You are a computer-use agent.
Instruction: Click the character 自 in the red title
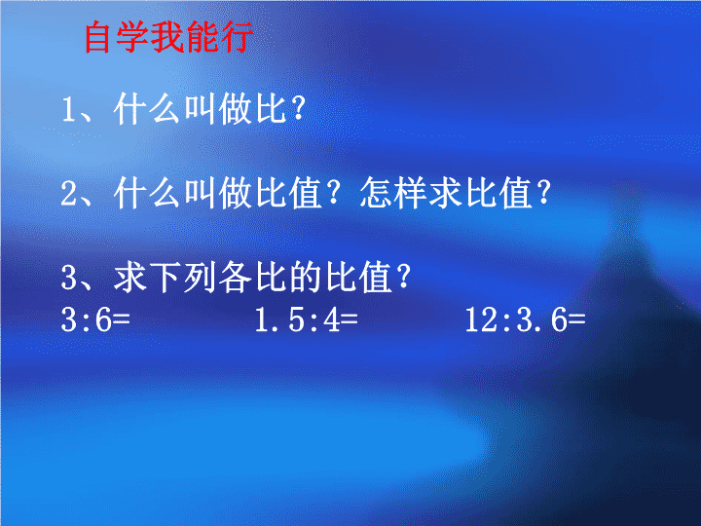(x=97, y=38)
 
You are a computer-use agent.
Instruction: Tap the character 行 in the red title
(x=237, y=38)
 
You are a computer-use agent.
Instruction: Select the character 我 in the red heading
(x=166, y=38)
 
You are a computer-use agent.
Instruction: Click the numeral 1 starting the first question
(x=68, y=109)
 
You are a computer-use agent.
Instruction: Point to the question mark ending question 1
(x=298, y=109)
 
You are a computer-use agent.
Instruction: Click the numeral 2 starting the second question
(x=69, y=193)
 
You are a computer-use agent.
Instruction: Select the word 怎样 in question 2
(x=393, y=193)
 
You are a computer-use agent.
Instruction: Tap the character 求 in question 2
(x=445, y=193)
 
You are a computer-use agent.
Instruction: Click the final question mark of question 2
(x=543, y=193)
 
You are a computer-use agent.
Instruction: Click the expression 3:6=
(x=95, y=319)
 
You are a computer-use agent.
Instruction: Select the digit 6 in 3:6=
(x=104, y=319)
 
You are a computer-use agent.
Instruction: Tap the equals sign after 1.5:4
(x=349, y=319)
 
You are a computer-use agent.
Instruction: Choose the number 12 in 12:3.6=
(x=482, y=319)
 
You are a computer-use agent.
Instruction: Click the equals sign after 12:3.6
(x=576, y=319)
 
